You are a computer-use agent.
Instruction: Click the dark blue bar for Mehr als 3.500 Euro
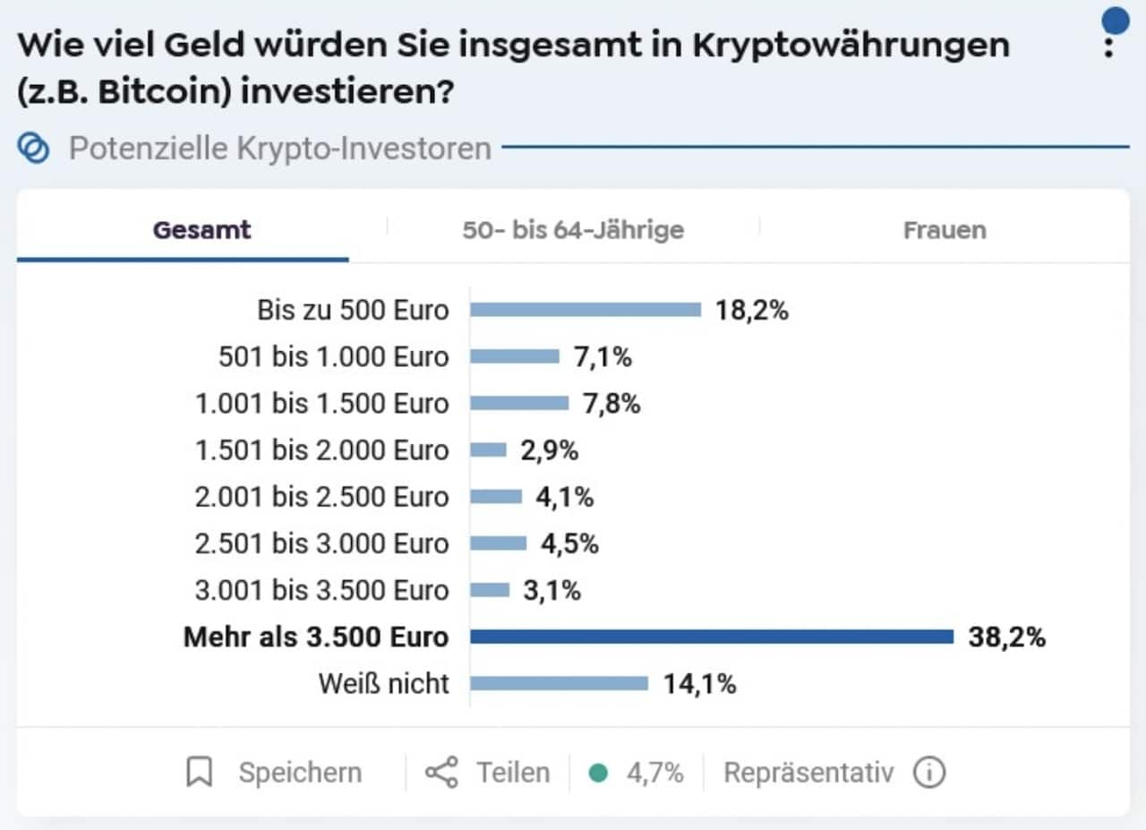click(712, 637)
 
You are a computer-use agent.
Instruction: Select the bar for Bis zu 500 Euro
click(586, 310)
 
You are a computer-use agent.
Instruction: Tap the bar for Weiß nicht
click(559, 683)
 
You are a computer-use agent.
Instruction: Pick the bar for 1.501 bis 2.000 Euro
click(488, 449)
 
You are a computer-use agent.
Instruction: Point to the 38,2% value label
click(1006, 637)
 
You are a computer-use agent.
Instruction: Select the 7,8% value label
click(611, 403)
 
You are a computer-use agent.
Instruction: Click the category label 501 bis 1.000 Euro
click(333, 356)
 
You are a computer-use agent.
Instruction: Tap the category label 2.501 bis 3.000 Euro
click(321, 543)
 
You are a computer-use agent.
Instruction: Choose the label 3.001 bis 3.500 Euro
click(321, 590)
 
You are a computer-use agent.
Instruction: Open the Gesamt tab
click(201, 229)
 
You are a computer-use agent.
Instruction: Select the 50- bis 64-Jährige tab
click(573, 229)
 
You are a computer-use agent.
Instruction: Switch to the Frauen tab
click(945, 229)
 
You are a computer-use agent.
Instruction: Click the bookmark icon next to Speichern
click(199, 772)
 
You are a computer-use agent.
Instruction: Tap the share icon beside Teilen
click(441, 772)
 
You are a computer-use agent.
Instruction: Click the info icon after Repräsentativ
click(929, 772)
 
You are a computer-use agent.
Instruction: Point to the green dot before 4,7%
click(599, 773)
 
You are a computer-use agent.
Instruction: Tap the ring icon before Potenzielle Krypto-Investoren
click(34, 148)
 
